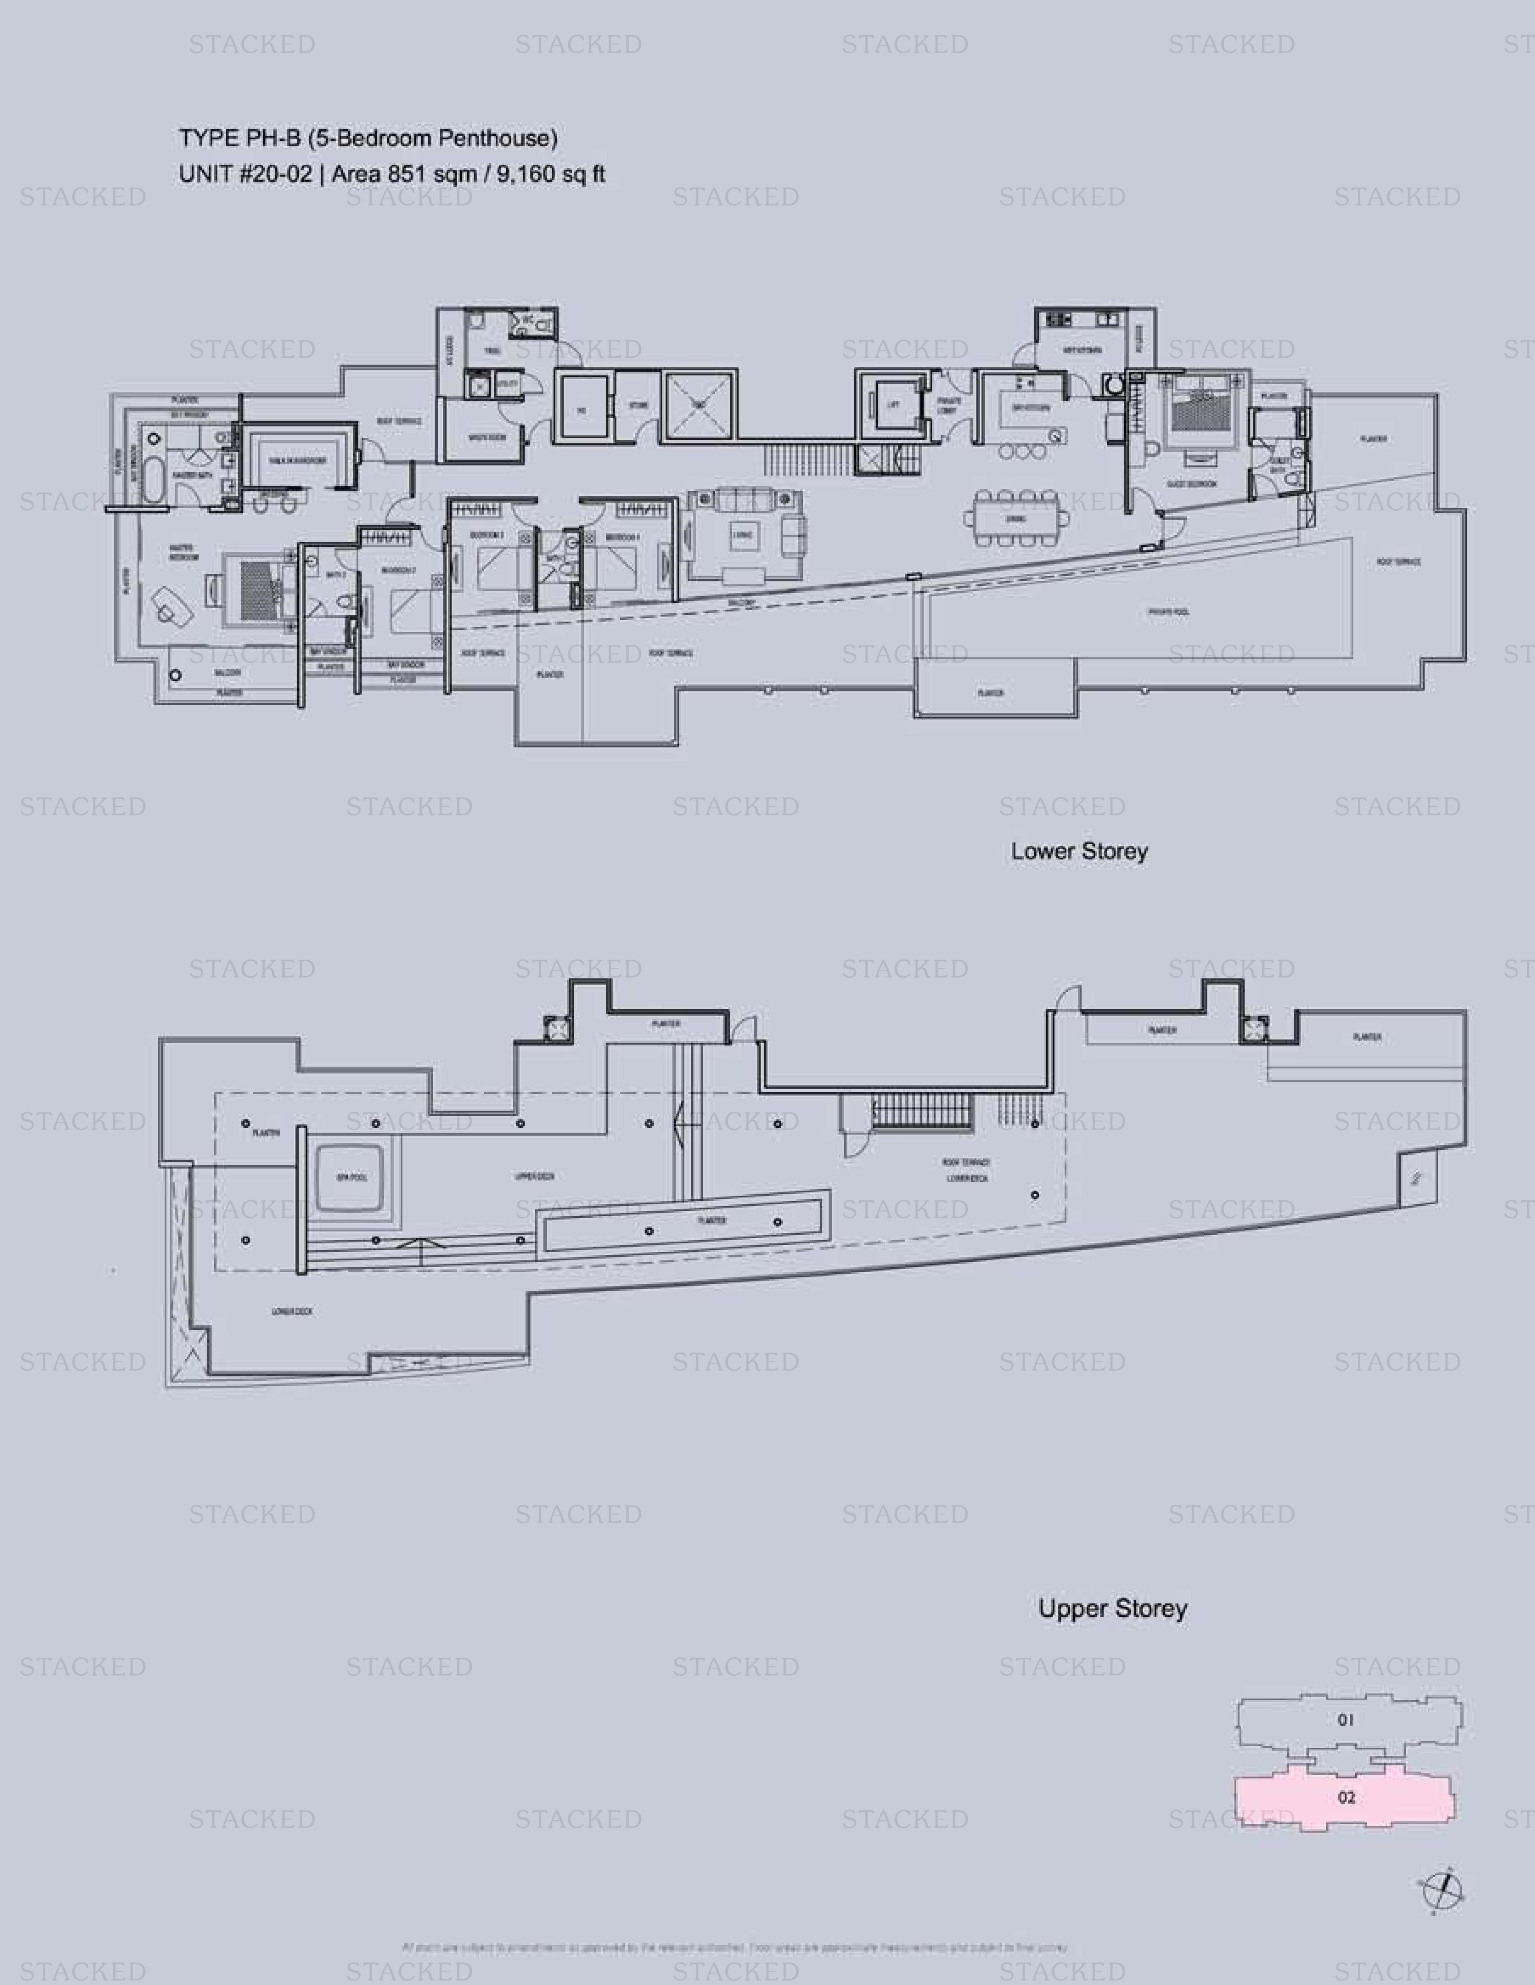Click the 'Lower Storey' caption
tap(1079, 852)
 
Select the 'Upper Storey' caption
tap(1112, 1608)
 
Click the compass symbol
tap(1442, 1892)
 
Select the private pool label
tap(1168, 613)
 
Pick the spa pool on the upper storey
tap(351, 1177)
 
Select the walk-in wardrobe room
tap(296, 461)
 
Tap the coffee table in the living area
tap(743, 536)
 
